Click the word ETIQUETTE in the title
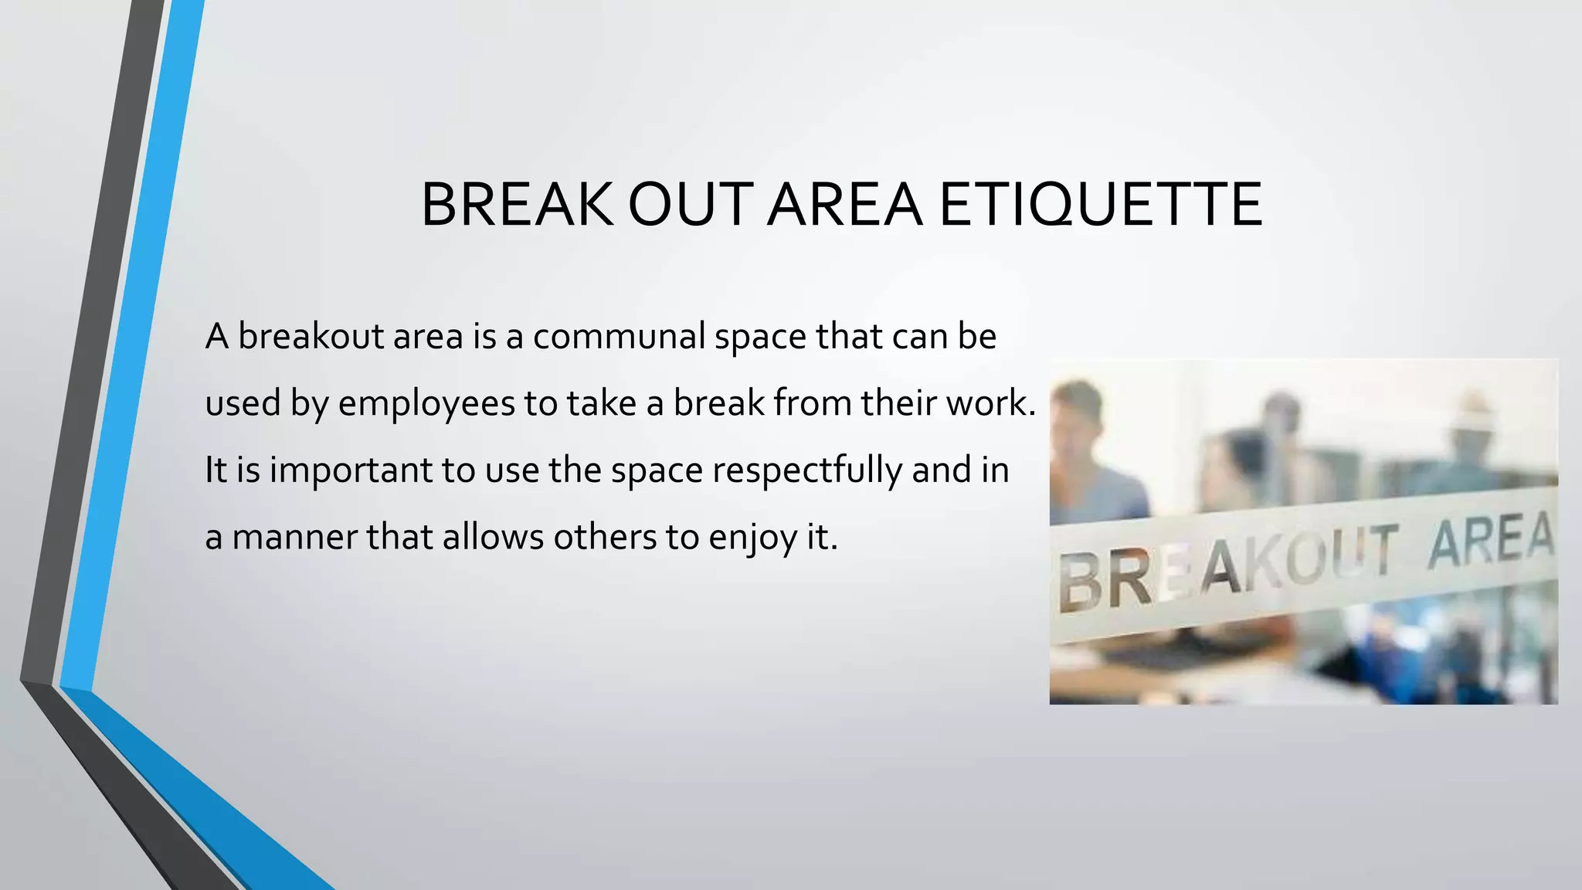1101,206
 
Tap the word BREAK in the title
517,206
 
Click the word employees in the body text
426,403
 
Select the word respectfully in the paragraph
806,470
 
